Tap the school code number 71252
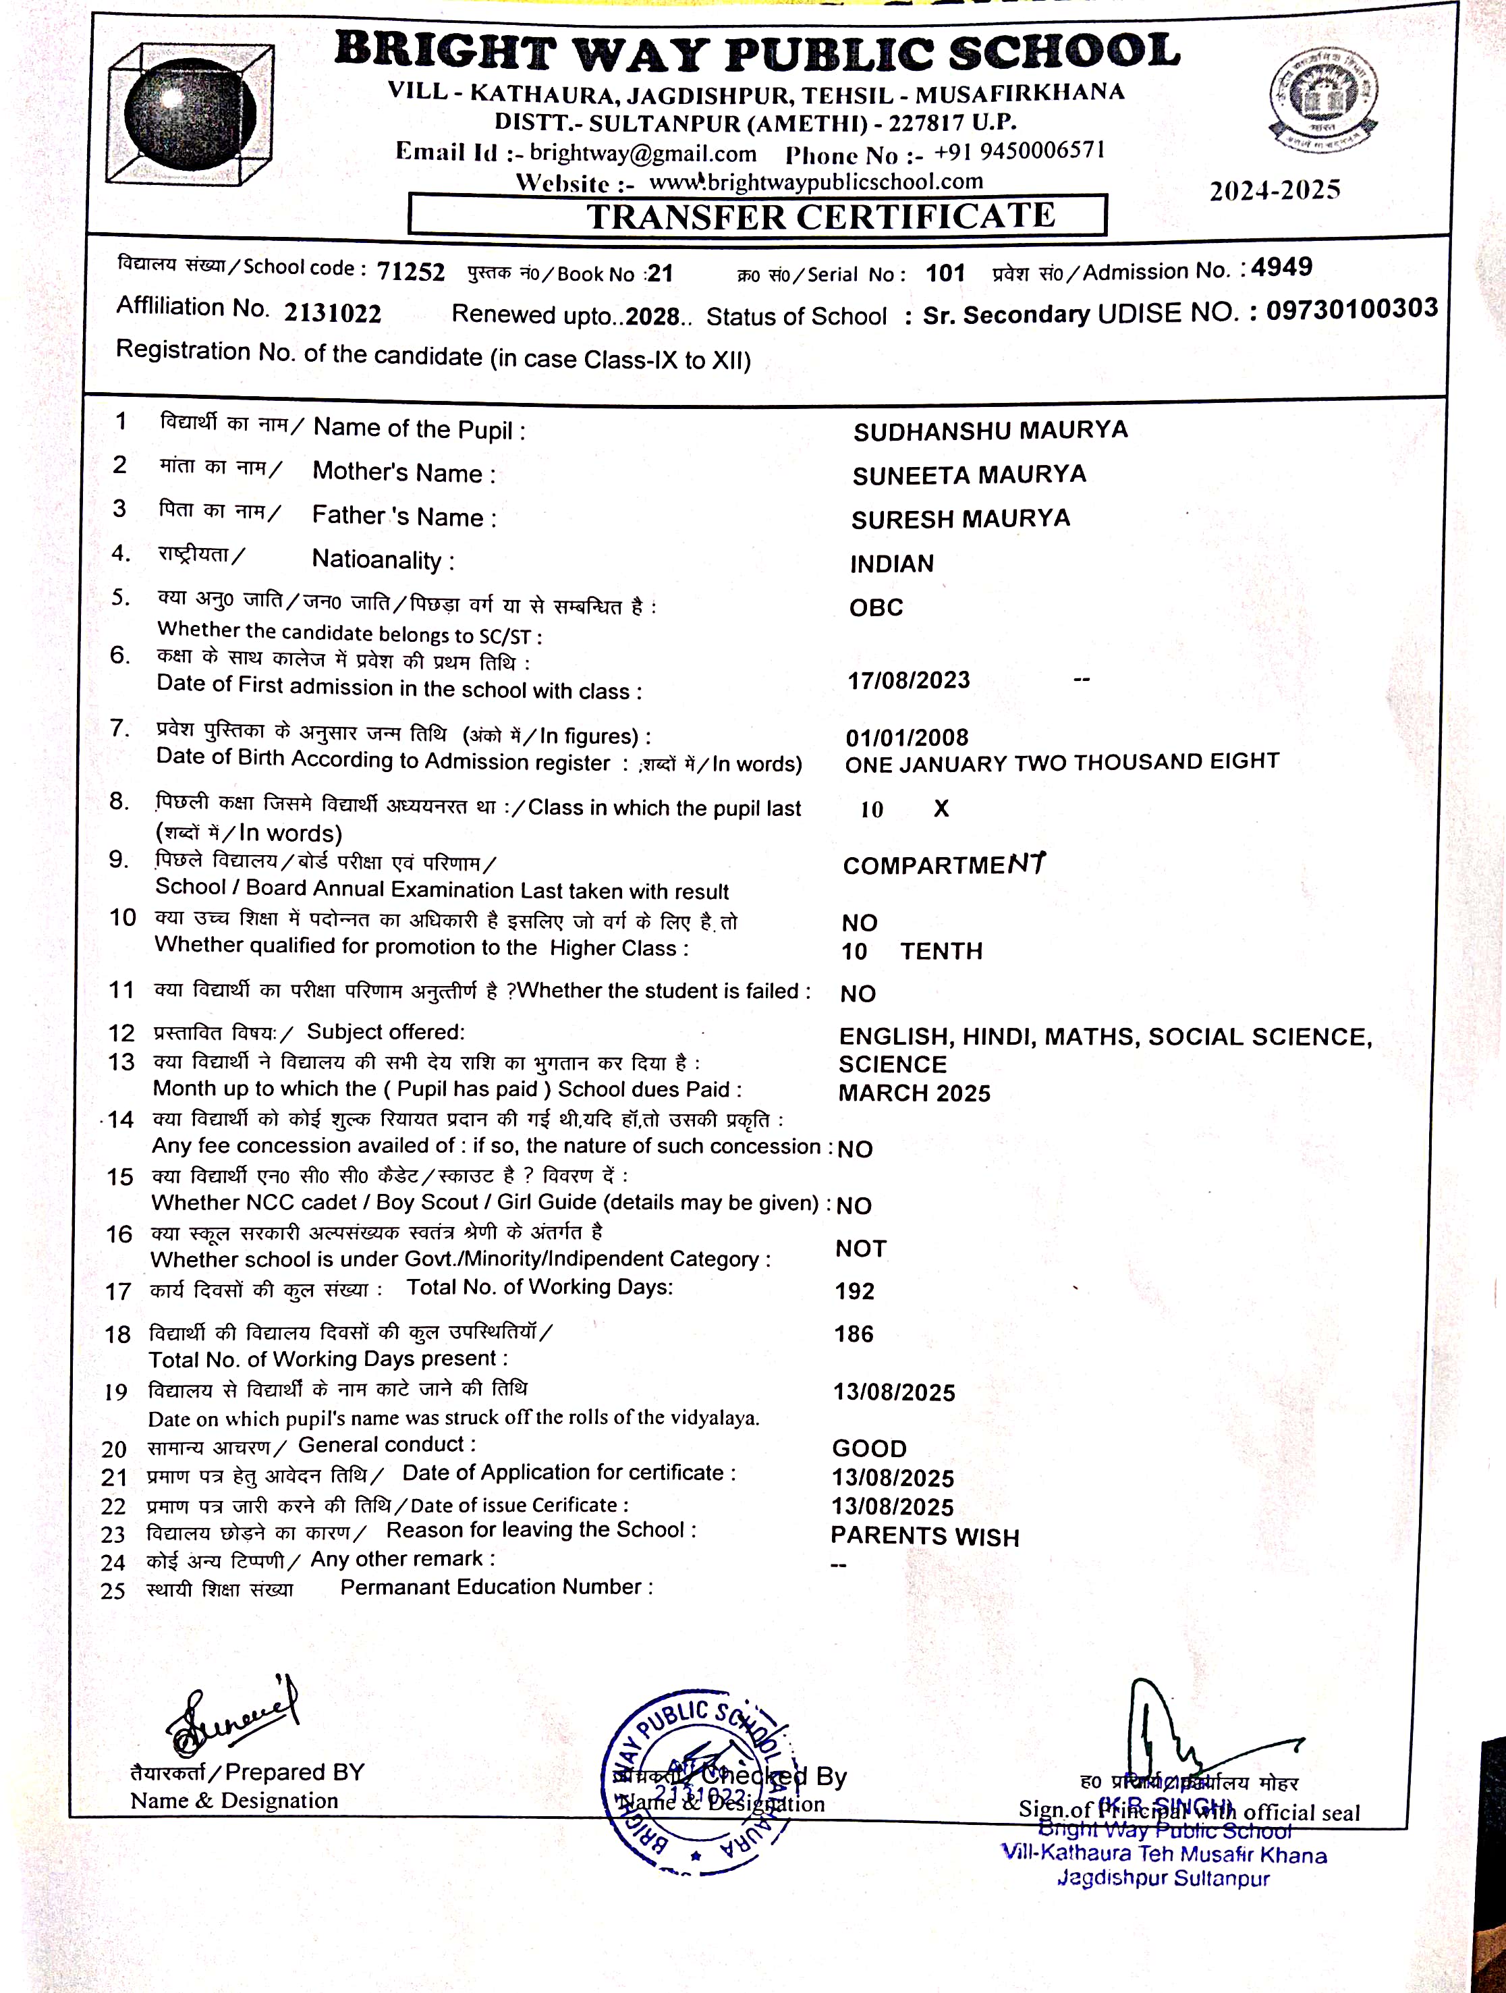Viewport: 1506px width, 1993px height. (411, 271)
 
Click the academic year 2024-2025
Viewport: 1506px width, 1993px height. (1275, 190)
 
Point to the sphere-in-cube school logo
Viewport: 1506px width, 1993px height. (191, 115)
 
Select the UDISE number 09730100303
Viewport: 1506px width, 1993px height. (1351, 309)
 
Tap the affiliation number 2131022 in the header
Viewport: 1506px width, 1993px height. (333, 312)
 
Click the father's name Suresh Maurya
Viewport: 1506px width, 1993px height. (960, 520)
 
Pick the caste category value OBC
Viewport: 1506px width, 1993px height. (876, 607)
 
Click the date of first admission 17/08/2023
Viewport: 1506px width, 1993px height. (908, 680)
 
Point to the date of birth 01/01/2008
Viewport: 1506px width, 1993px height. (906, 738)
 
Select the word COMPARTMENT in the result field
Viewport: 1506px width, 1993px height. (943, 865)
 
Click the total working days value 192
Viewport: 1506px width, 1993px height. (854, 1291)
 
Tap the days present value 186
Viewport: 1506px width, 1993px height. (853, 1334)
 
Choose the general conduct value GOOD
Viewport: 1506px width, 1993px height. (868, 1449)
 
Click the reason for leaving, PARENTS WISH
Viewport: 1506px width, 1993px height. (924, 1537)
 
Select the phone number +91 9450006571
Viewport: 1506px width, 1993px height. (1019, 151)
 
